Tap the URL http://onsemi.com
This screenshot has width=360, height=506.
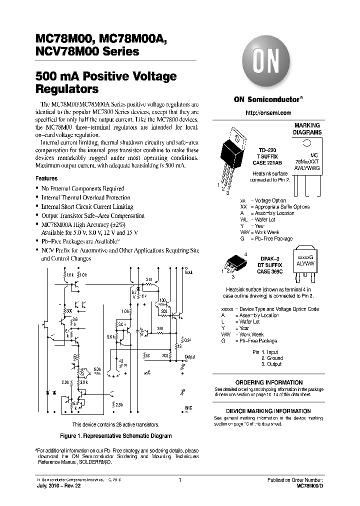(x=268, y=113)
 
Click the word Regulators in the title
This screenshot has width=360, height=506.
(x=67, y=89)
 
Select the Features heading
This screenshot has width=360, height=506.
(x=46, y=178)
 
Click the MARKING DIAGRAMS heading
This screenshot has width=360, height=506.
(x=307, y=129)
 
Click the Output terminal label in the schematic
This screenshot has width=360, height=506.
(x=189, y=357)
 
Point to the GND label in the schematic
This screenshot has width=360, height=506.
(x=188, y=407)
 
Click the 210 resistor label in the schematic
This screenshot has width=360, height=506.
(x=148, y=279)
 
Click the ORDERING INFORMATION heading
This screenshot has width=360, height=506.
(x=268, y=382)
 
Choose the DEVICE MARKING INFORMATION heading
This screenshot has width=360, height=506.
(x=268, y=411)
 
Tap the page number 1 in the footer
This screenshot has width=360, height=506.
(x=179, y=480)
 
